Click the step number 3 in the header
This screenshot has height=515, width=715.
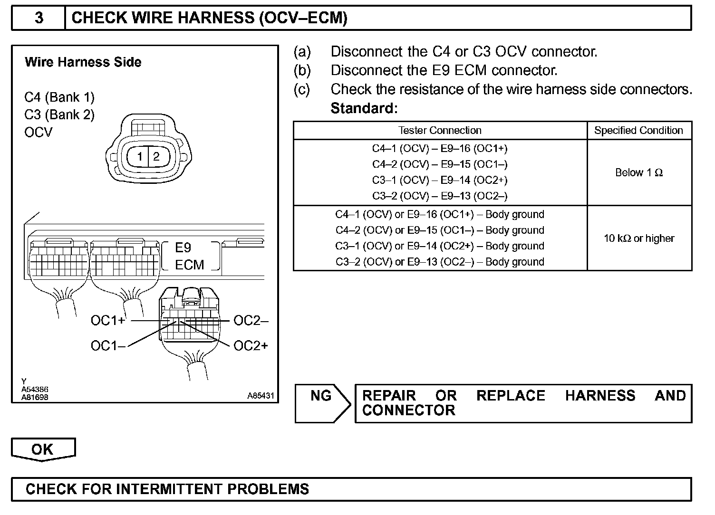pos(39,18)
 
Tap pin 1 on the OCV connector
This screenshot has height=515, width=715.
pos(140,156)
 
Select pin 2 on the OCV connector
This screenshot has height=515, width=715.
pos(156,156)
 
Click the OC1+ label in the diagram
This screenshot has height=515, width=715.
pos(108,321)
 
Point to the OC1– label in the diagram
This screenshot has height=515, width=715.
pos(108,346)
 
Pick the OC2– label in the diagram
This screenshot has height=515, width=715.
pos(251,321)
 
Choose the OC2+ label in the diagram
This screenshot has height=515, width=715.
pos(251,346)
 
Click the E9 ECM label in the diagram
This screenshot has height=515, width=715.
pos(189,256)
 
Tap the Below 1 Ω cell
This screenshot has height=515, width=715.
pos(639,172)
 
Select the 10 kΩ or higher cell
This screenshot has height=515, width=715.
pos(639,238)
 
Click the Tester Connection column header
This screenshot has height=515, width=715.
pos(440,130)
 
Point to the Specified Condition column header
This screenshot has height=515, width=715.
pos(638,130)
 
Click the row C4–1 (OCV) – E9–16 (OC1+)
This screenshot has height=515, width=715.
pos(440,149)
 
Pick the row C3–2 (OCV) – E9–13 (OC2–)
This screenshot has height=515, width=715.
pos(440,196)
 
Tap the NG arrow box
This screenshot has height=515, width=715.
pos(322,403)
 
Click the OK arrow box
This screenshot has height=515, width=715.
pos(43,449)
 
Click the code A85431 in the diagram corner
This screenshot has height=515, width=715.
pos(260,395)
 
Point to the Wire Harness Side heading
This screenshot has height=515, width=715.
pos(83,62)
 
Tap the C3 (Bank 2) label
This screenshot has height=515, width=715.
pos(59,114)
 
